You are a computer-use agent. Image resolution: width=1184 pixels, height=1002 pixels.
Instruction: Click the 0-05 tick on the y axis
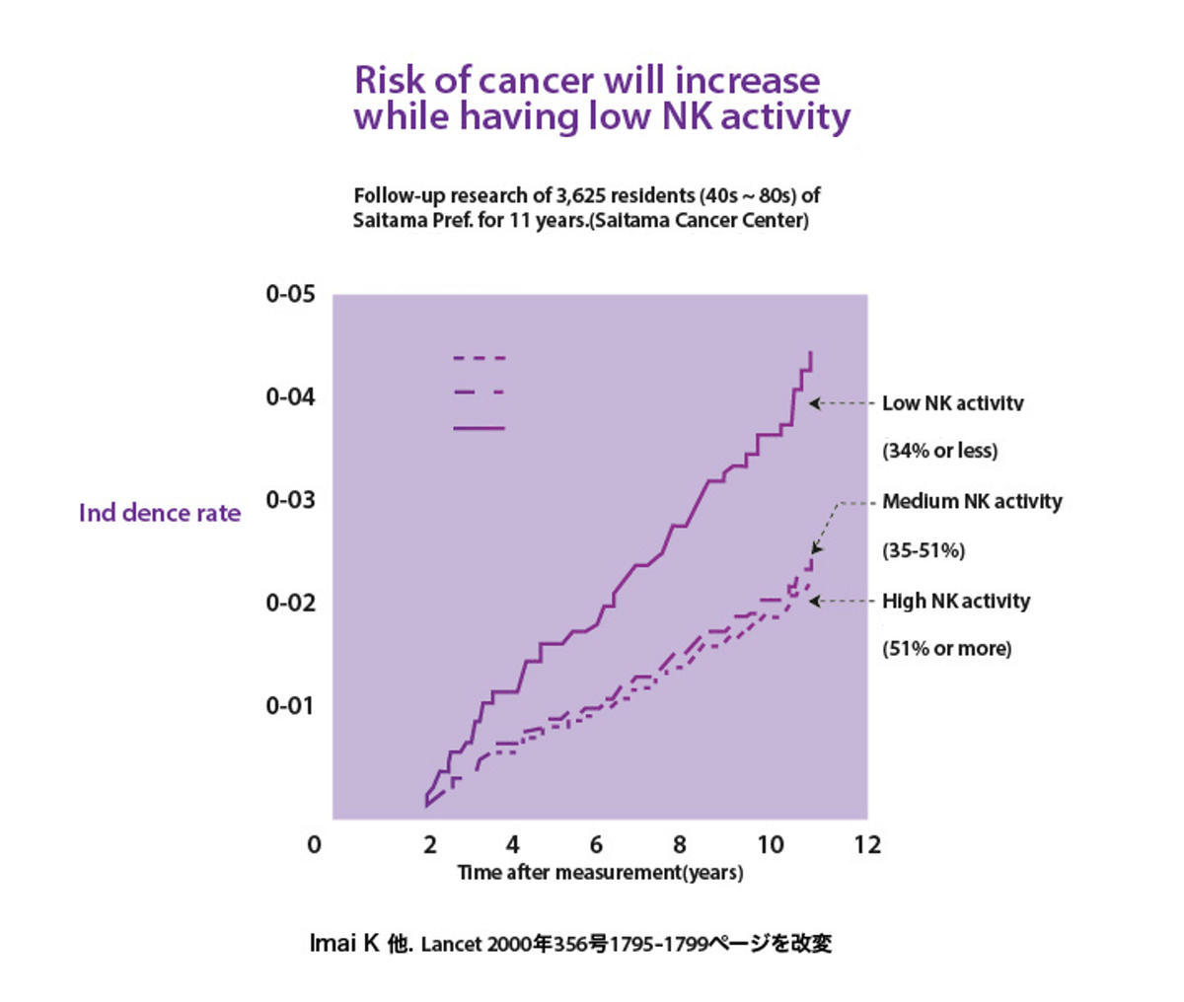[289, 294]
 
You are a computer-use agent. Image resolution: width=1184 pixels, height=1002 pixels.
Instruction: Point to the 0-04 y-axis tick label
[289, 396]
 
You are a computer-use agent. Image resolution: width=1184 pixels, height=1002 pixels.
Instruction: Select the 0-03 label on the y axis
[289, 500]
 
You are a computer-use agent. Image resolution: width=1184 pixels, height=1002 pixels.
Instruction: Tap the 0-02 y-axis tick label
[289, 603]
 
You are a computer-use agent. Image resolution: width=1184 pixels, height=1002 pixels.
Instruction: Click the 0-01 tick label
[289, 705]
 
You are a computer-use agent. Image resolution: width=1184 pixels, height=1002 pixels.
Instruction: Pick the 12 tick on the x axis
[867, 845]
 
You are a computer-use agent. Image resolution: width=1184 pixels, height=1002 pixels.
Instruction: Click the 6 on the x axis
[596, 845]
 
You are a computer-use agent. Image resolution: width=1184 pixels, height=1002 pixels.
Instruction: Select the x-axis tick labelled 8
[680, 845]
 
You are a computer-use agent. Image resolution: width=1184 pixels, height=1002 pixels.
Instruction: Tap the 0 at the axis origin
[314, 845]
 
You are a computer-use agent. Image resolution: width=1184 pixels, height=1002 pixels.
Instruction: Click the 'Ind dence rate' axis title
[160, 513]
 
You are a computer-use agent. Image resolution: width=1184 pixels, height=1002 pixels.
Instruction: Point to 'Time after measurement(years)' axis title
[600, 873]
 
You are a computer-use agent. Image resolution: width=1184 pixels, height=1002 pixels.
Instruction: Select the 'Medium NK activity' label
[972, 502]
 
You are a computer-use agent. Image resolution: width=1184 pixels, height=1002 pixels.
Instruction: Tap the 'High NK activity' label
[955, 602]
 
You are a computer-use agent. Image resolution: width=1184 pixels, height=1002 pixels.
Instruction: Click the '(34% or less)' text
[939, 451]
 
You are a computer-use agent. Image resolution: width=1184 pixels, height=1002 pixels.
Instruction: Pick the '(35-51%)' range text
[924, 550]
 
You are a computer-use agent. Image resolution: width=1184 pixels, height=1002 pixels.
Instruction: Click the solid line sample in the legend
[479, 428]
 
